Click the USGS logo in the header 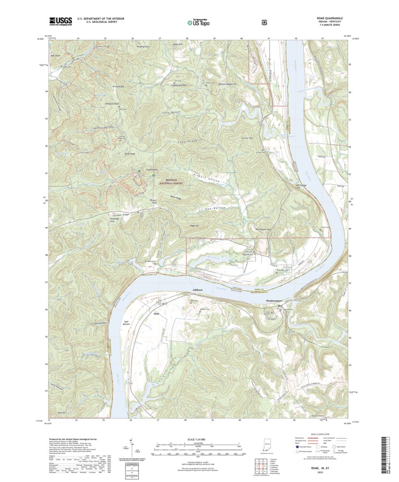[x=60, y=22]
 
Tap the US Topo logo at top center [x=198, y=22]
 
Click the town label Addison [x=198, y=290]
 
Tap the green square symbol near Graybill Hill [x=139, y=171]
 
